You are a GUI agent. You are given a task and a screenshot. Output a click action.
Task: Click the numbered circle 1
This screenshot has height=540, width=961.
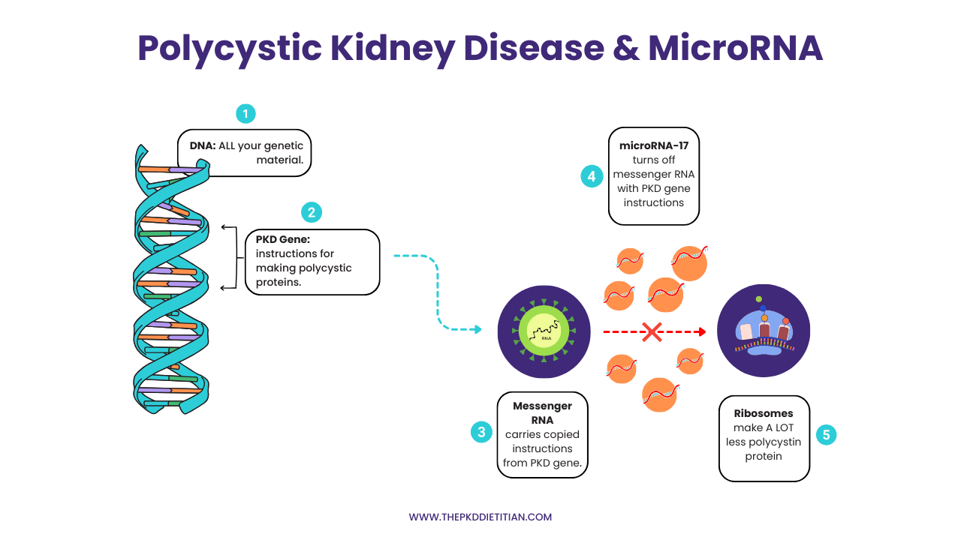[246, 113]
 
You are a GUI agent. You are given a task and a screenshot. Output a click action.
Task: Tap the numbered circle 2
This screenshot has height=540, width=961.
[311, 212]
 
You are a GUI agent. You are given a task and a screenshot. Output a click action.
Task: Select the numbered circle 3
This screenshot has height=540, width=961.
[481, 432]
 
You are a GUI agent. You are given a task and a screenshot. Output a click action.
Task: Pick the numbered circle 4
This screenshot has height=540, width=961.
[592, 176]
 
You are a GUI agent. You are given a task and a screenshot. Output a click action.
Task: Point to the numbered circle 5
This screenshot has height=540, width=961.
[826, 435]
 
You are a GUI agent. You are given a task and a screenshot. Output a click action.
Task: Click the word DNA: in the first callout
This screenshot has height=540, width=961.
[203, 145]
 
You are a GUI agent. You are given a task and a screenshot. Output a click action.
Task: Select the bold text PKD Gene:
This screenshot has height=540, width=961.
[283, 239]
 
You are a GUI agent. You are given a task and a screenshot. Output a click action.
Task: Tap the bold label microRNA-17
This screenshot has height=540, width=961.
[653, 145]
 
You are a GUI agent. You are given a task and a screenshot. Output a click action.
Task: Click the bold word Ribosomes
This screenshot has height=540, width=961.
[764, 413]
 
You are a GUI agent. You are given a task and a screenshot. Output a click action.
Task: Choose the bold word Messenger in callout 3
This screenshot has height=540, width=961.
[542, 406]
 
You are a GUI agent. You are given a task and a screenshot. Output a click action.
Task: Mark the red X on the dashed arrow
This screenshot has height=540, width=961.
[651, 331]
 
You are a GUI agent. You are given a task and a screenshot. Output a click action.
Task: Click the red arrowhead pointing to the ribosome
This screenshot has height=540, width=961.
[702, 331]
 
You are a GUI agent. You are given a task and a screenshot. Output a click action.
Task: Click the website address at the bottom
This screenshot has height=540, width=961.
[480, 517]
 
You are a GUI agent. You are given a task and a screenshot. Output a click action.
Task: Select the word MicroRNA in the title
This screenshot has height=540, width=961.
[735, 48]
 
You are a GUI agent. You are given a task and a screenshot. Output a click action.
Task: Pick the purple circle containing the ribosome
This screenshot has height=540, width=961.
[764, 331]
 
